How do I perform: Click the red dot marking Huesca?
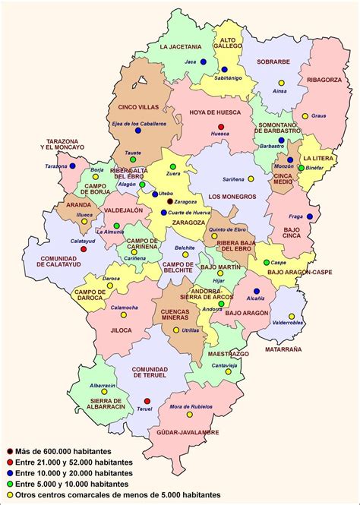click(221, 127)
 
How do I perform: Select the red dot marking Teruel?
click(147, 400)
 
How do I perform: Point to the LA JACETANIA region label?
click(180, 46)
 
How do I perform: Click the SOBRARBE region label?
click(274, 62)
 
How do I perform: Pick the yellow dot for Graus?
click(305, 116)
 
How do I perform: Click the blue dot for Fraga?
click(310, 216)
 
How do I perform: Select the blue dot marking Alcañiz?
click(256, 291)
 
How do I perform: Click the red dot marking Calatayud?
click(84, 248)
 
